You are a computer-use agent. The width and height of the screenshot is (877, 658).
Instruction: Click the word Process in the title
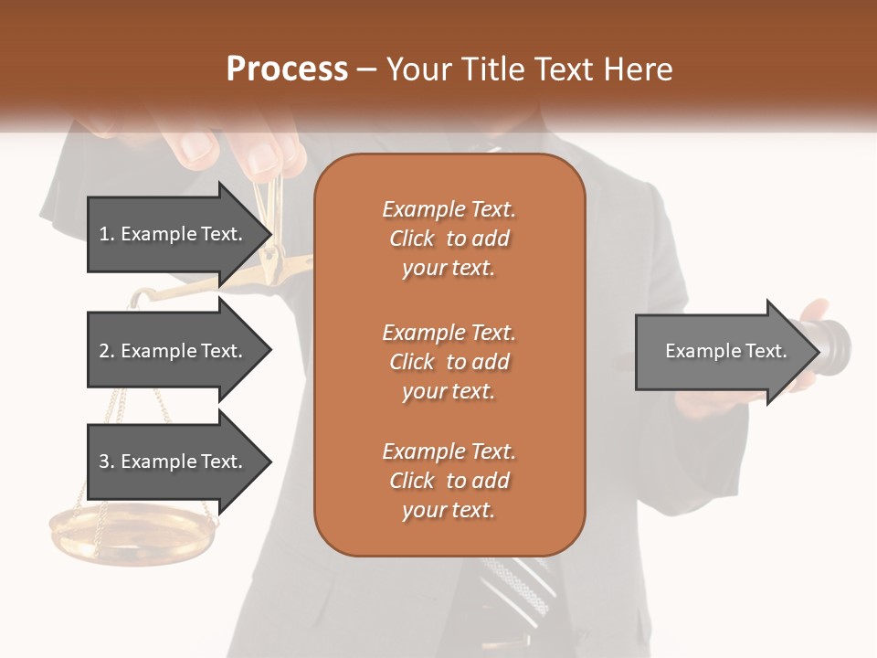click(x=287, y=69)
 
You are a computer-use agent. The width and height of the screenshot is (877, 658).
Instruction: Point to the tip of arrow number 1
click(x=269, y=234)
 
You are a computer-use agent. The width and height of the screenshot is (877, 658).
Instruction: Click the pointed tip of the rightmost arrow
click(x=818, y=351)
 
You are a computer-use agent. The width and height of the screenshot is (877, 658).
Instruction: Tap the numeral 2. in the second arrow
click(x=107, y=351)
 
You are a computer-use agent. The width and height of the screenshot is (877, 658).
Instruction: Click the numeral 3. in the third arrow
click(x=107, y=462)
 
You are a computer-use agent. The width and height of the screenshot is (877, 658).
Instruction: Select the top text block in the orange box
click(x=449, y=239)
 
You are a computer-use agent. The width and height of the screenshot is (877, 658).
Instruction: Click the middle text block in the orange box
click(x=449, y=362)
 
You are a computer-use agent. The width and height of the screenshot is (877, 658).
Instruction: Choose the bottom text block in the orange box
click(x=449, y=481)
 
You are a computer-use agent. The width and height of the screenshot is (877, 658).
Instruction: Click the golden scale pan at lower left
click(x=132, y=539)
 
